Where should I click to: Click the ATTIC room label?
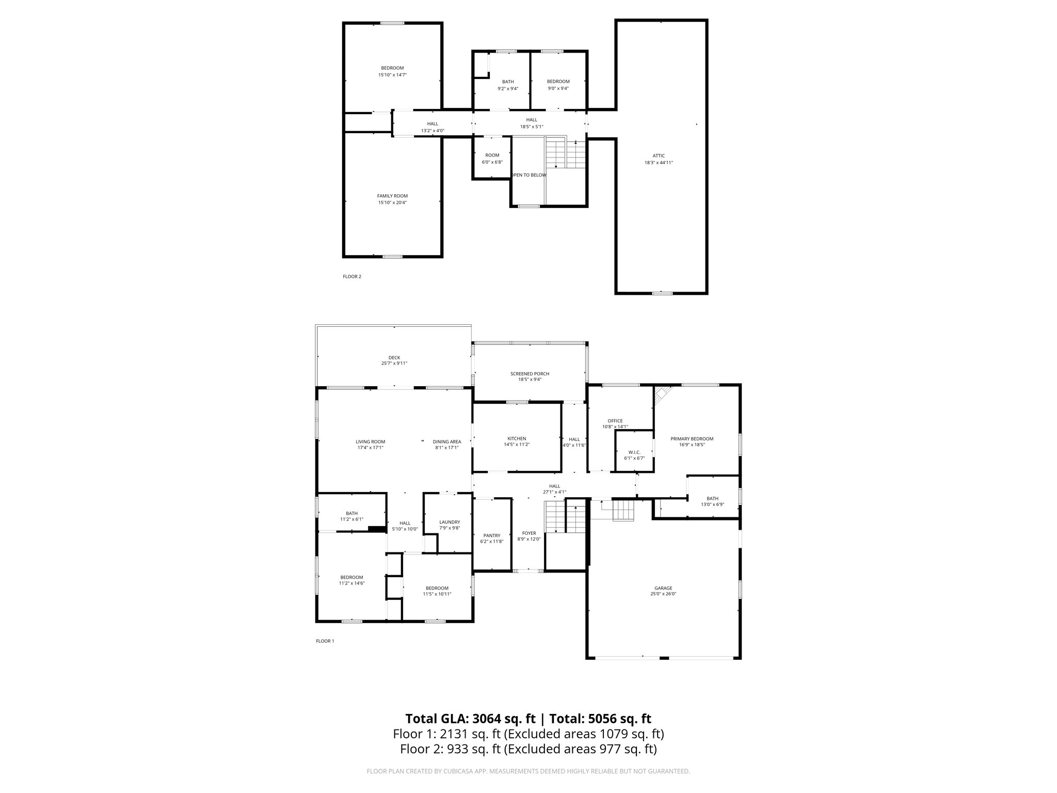pyautogui.click(x=659, y=156)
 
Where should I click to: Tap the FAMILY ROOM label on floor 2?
pyautogui.click(x=392, y=196)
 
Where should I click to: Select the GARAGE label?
pyautogui.click(x=663, y=588)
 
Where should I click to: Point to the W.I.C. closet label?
pyautogui.click(x=634, y=452)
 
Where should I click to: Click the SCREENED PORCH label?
pyautogui.click(x=530, y=374)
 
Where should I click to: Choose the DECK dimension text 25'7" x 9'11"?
pyautogui.click(x=394, y=363)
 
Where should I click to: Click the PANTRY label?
pyautogui.click(x=492, y=535)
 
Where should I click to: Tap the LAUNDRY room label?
pyautogui.click(x=449, y=522)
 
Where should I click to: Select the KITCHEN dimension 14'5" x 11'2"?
pyautogui.click(x=517, y=445)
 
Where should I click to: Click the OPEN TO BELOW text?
pyautogui.click(x=528, y=175)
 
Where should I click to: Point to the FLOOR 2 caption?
pyautogui.click(x=352, y=277)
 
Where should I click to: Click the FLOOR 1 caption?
pyautogui.click(x=325, y=641)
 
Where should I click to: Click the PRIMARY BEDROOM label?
pyautogui.click(x=692, y=439)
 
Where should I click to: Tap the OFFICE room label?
pyautogui.click(x=615, y=421)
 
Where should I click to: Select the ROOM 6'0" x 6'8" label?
pyautogui.click(x=492, y=155)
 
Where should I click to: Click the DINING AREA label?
pyautogui.click(x=446, y=442)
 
